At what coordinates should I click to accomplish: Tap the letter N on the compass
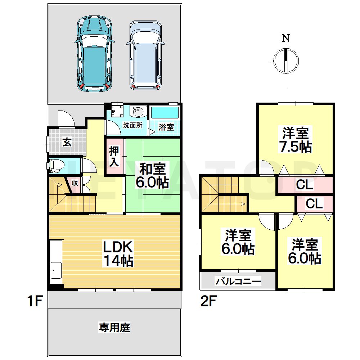pyautogui.click(x=286, y=39)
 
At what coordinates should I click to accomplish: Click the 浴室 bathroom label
pyautogui.click(x=166, y=127)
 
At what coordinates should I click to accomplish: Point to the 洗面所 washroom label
pyautogui.click(x=132, y=126)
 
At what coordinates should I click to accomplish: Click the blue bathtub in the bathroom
pyautogui.click(x=164, y=113)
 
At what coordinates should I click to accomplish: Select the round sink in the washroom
pyautogui.click(x=138, y=112)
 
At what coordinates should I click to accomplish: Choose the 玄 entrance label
pyautogui.click(x=67, y=142)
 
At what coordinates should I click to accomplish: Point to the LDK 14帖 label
pyautogui.click(x=119, y=253)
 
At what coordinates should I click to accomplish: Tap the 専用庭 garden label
pyautogui.click(x=114, y=328)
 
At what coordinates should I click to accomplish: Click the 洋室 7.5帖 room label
pyautogui.click(x=296, y=140)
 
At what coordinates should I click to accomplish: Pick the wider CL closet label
pyautogui.click(x=305, y=185)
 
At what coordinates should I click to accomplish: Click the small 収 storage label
pyautogui.click(x=75, y=183)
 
